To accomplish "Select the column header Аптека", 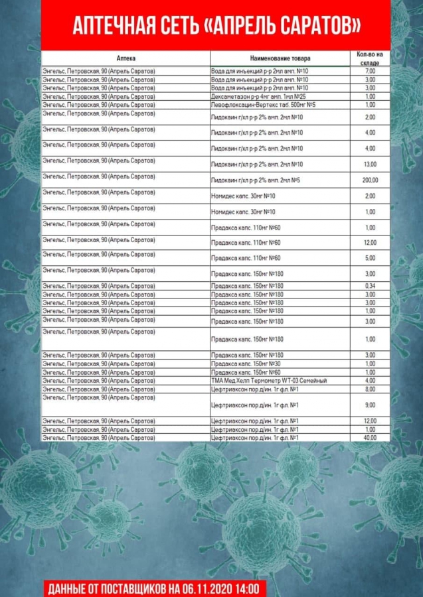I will pos(126,58).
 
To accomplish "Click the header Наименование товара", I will pos(280,58).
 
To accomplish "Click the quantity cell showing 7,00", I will pos(371,71).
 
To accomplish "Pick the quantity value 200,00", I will pos(371,180).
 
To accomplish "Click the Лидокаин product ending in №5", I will pos(256,180).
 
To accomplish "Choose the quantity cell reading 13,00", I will pos(371,165).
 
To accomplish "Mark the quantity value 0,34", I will pos(371,286).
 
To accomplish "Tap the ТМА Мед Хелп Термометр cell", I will pos(269,381).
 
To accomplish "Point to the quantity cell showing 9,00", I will pos(371,405).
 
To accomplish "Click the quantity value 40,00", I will pos(371,438).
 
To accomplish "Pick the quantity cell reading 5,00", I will pos(371,258).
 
